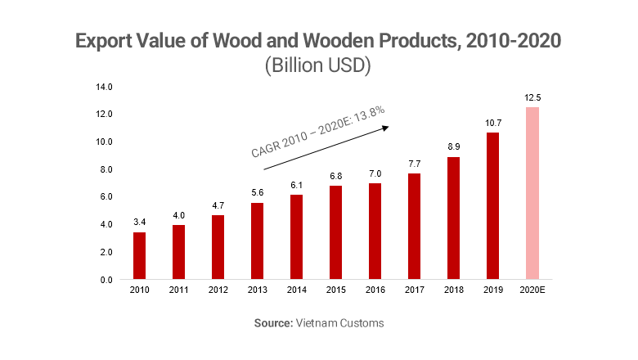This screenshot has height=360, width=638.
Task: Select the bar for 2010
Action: coord(140,256)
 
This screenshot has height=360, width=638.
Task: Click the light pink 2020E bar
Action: coord(532,193)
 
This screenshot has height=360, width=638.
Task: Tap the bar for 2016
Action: coord(375,232)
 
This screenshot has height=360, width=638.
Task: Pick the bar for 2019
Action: coord(493,205)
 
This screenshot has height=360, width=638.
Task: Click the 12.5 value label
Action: coord(532,97)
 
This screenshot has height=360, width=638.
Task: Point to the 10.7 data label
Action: coord(493,123)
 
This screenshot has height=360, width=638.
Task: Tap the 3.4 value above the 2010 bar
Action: coord(140,223)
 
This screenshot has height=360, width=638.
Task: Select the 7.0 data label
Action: coord(375,173)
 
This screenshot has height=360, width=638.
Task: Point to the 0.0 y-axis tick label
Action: coord(106,280)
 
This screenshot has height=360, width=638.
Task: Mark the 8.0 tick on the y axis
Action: coord(106,169)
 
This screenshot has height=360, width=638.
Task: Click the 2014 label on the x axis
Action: coord(297,290)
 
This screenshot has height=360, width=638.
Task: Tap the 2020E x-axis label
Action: coord(532,290)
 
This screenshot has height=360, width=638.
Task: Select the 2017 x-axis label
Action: coord(415,290)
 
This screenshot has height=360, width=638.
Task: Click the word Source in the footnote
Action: coord(273,323)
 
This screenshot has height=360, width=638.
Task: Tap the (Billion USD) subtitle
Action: coord(318,66)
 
